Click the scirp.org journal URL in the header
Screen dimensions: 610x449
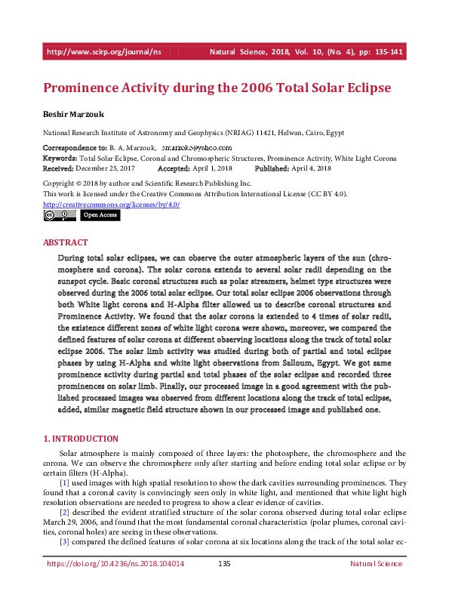104,52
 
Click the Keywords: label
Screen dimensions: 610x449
60,159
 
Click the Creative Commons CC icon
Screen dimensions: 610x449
50,215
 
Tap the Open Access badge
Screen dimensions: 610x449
100,215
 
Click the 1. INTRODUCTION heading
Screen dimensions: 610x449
81,439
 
